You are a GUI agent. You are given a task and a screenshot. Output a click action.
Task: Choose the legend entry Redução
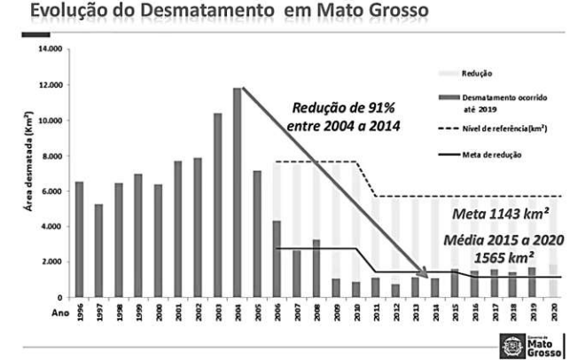point(480,73)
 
